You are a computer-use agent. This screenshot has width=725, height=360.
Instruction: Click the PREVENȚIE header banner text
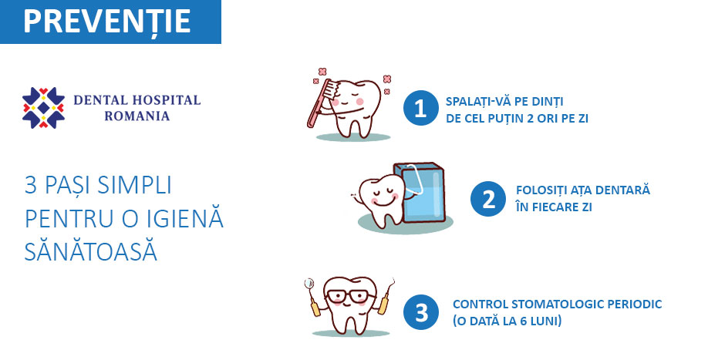point(106,22)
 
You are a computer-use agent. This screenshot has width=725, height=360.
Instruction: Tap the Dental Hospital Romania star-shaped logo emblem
point(43,108)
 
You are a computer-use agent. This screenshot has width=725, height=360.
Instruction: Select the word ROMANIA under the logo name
point(137,116)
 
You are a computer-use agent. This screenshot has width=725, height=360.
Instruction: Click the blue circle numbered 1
point(420,108)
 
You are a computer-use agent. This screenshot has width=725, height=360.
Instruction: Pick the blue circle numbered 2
point(487,199)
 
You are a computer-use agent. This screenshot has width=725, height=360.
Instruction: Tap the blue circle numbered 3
point(421,312)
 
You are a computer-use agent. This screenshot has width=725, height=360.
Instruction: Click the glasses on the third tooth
point(351,296)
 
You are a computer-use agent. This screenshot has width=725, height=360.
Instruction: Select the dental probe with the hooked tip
point(386,296)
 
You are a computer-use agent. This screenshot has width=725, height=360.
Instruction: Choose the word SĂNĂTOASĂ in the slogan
point(91,252)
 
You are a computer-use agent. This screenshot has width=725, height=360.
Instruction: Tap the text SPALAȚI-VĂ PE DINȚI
point(504,101)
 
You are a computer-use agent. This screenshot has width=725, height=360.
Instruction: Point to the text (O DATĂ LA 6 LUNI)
point(507,321)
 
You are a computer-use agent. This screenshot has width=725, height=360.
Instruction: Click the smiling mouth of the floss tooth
point(382,201)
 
